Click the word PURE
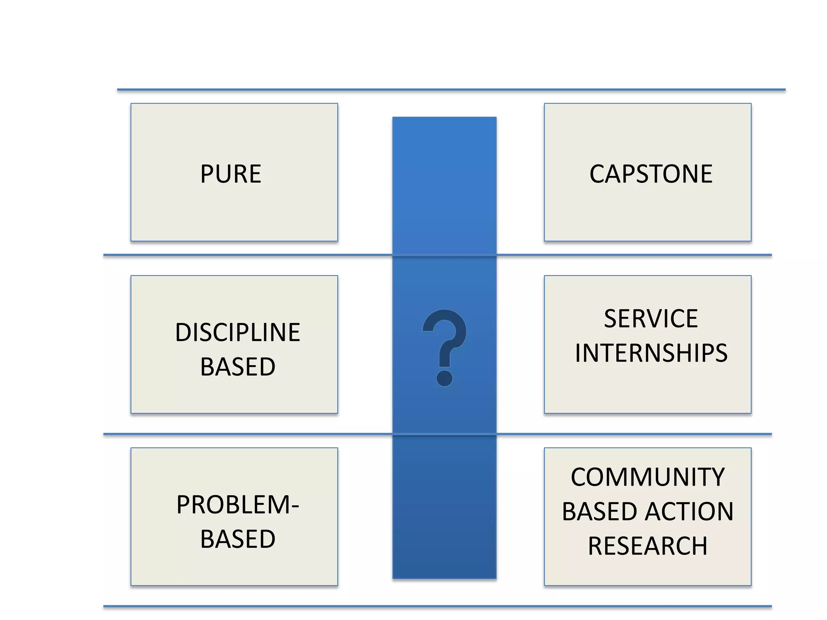click(x=231, y=174)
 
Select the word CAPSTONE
click(x=651, y=174)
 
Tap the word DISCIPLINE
click(x=237, y=333)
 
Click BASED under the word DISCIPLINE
click(x=237, y=367)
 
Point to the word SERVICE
click(x=651, y=318)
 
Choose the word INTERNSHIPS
click(x=651, y=353)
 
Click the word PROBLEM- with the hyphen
click(x=237, y=505)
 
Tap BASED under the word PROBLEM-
click(x=237, y=539)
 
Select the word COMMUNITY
click(x=648, y=477)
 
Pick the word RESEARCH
click(x=648, y=546)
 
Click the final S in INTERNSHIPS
click(x=720, y=353)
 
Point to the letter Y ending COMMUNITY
click(x=716, y=477)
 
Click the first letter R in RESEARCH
click(x=596, y=546)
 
